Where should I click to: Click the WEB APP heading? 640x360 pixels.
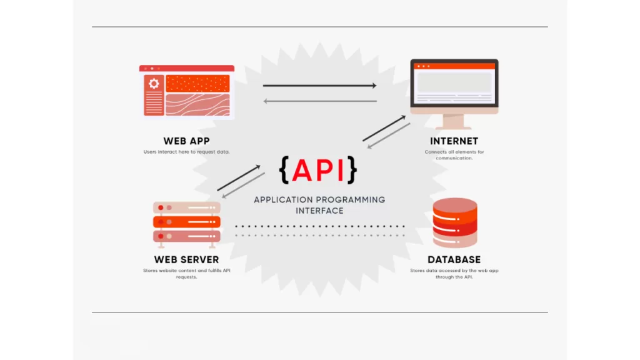(x=187, y=141)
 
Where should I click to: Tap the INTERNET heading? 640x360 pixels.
(x=454, y=141)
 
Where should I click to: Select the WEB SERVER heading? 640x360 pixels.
(x=186, y=259)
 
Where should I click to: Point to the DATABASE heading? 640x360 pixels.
(x=454, y=259)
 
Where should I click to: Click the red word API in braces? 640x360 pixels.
(x=319, y=170)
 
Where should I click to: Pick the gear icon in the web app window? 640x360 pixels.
(x=154, y=84)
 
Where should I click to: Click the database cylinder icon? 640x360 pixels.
(x=454, y=222)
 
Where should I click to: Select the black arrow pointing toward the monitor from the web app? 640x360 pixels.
(x=319, y=86)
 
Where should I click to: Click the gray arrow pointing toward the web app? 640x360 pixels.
(x=319, y=101)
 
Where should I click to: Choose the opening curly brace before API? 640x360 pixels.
(x=284, y=170)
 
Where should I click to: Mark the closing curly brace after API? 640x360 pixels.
(x=353, y=170)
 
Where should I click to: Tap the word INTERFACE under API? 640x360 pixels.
(x=319, y=211)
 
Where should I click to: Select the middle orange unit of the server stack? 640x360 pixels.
(x=186, y=222)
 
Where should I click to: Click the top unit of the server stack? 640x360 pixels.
(x=186, y=207)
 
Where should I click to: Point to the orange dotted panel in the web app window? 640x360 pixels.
(x=197, y=84)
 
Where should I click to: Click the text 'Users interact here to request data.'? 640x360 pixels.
(x=187, y=152)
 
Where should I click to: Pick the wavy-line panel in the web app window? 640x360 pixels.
(x=197, y=104)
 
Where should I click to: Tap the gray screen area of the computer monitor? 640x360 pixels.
(x=454, y=82)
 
